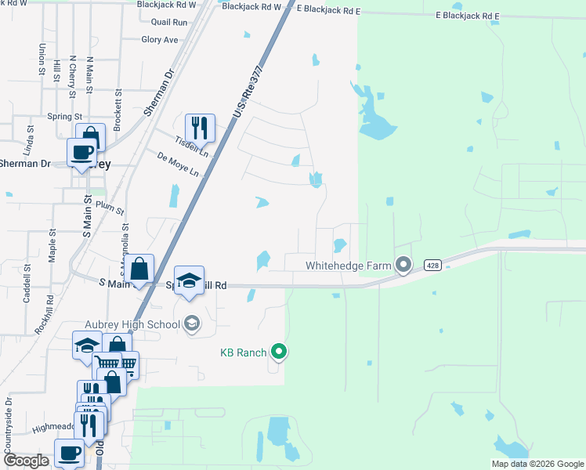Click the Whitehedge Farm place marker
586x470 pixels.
coord(403,266)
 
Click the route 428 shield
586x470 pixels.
coord(432,266)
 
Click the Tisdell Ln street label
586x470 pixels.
coord(192,146)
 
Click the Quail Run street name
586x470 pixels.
coord(170,23)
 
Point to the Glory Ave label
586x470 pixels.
coord(160,39)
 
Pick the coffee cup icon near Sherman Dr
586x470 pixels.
coord(81,152)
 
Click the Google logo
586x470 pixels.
coord(26,461)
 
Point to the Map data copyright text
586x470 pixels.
coord(537,464)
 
